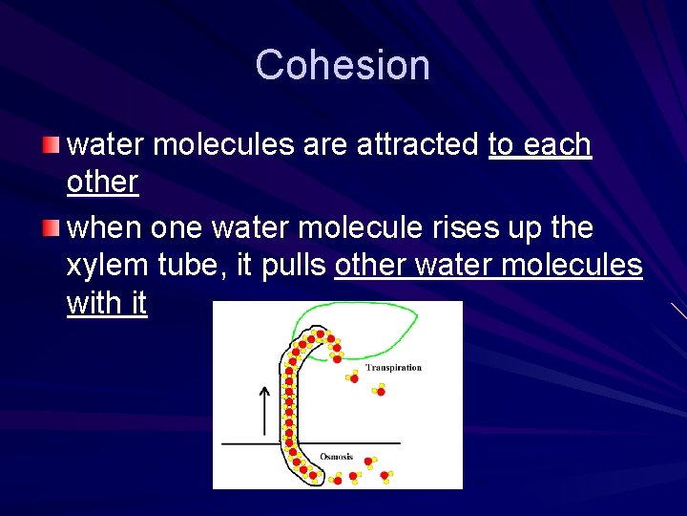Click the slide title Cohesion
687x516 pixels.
pyautogui.click(x=343, y=65)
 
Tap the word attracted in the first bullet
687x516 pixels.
pyautogui.click(x=418, y=144)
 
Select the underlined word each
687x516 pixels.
pyautogui.click(x=559, y=144)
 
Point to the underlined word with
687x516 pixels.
pyautogui.click(x=93, y=303)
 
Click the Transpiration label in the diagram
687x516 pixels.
pyautogui.click(x=393, y=368)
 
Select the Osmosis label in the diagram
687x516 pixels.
pyautogui.click(x=336, y=456)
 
